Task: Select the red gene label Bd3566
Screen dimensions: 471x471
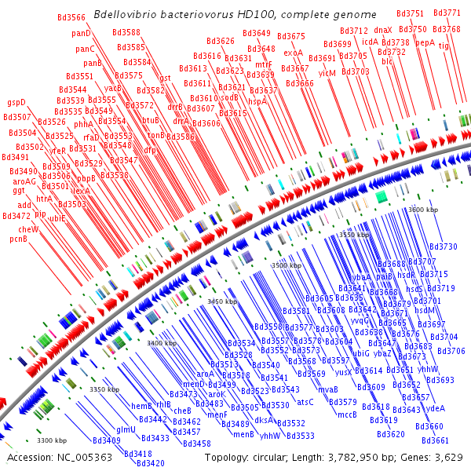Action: click(x=71, y=17)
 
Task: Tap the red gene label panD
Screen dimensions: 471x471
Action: click(x=81, y=33)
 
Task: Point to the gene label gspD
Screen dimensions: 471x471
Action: click(x=16, y=102)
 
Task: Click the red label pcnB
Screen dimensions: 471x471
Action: click(x=19, y=239)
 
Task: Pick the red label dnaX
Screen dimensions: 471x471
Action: click(x=383, y=30)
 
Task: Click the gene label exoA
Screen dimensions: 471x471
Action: click(x=293, y=53)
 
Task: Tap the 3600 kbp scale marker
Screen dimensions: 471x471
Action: click(x=424, y=210)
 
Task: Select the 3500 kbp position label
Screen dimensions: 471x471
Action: click(x=286, y=266)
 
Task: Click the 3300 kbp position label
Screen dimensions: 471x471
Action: click(x=53, y=440)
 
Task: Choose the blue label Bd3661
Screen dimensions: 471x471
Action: click(x=435, y=440)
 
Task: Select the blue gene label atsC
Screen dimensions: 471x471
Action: click(x=305, y=402)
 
